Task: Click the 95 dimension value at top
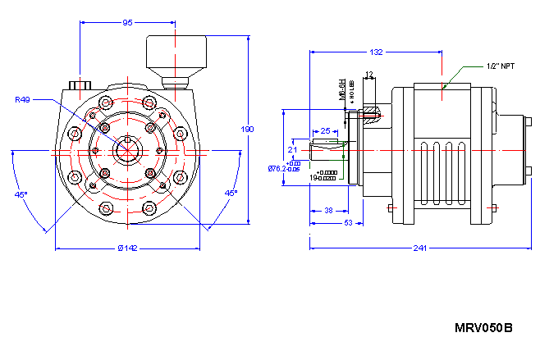click(128, 23)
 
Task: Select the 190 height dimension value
click(248, 130)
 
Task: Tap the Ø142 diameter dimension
click(127, 248)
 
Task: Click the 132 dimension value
click(376, 52)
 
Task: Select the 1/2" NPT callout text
click(500, 65)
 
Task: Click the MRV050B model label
click(483, 328)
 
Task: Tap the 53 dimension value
click(348, 222)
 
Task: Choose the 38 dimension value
click(328, 210)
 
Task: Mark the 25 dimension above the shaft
click(326, 131)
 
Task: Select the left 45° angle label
click(21, 194)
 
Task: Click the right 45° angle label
click(231, 193)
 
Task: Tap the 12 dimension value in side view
click(368, 75)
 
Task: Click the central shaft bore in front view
click(127, 150)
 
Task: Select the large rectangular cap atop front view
click(175, 54)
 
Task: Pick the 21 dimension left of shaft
click(293, 150)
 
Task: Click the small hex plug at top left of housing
click(80, 84)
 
